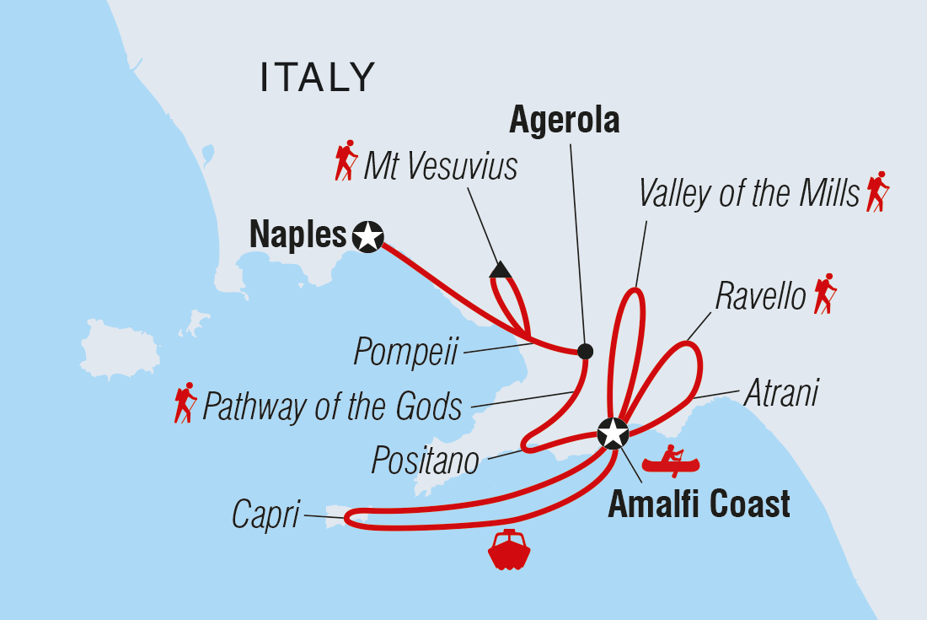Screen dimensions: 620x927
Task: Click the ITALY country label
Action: [x=318, y=78]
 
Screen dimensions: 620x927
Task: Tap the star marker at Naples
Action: [x=368, y=236]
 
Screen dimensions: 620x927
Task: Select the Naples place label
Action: [x=298, y=235]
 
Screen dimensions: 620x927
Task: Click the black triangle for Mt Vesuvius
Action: [x=501, y=270]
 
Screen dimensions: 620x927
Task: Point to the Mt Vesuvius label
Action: [x=440, y=166]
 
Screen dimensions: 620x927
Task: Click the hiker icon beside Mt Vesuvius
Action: [x=346, y=160]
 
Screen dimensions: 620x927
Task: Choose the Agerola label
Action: [x=565, y=121]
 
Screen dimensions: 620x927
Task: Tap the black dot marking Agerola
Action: [x=584, y=349]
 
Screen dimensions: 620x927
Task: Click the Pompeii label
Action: [x=405, y=352]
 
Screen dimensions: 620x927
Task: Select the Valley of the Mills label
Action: [x=748, y=193]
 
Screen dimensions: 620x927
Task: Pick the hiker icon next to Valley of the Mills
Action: [x=877, y=191]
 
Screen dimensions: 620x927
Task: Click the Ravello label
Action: [x=760, y=296]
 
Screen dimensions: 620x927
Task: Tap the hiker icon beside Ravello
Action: [x=824, y=294]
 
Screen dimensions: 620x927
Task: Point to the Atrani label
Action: [x=780, y=394]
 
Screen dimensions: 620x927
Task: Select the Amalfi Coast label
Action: [x=699, y=504]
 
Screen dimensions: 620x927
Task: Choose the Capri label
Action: [x=266, y=515]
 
